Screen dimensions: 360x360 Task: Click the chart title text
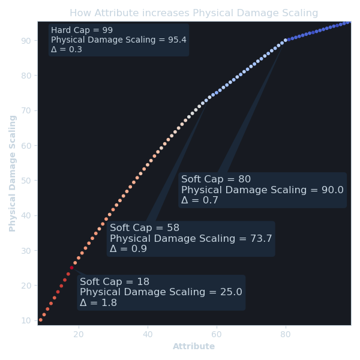[x=194, y=13]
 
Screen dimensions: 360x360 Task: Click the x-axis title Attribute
[x=194, y=347]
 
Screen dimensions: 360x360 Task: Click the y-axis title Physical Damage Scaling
[x=13, y=173]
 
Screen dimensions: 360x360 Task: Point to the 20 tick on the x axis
[x=79, y=334]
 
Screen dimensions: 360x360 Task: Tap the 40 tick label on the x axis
[x=148, y=334]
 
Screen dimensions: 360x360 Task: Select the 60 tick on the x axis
[x=217, y=334]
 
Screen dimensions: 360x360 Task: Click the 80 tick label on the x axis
[x=286, y=334]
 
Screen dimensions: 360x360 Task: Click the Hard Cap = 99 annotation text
[x=82, y=30]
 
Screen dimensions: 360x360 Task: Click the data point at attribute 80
[x=286, y=40]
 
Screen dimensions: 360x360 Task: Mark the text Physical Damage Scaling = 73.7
[x=191, y=239]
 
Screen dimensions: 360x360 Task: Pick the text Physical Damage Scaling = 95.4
[x=119, y=40]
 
